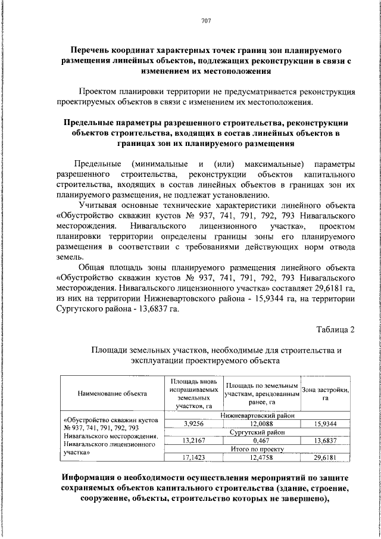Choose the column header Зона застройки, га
point(325,393)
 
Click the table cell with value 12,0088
point(261,423)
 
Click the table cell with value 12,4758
point(261,457)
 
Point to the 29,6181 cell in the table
point(325,457)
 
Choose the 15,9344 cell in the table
point(325,423)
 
